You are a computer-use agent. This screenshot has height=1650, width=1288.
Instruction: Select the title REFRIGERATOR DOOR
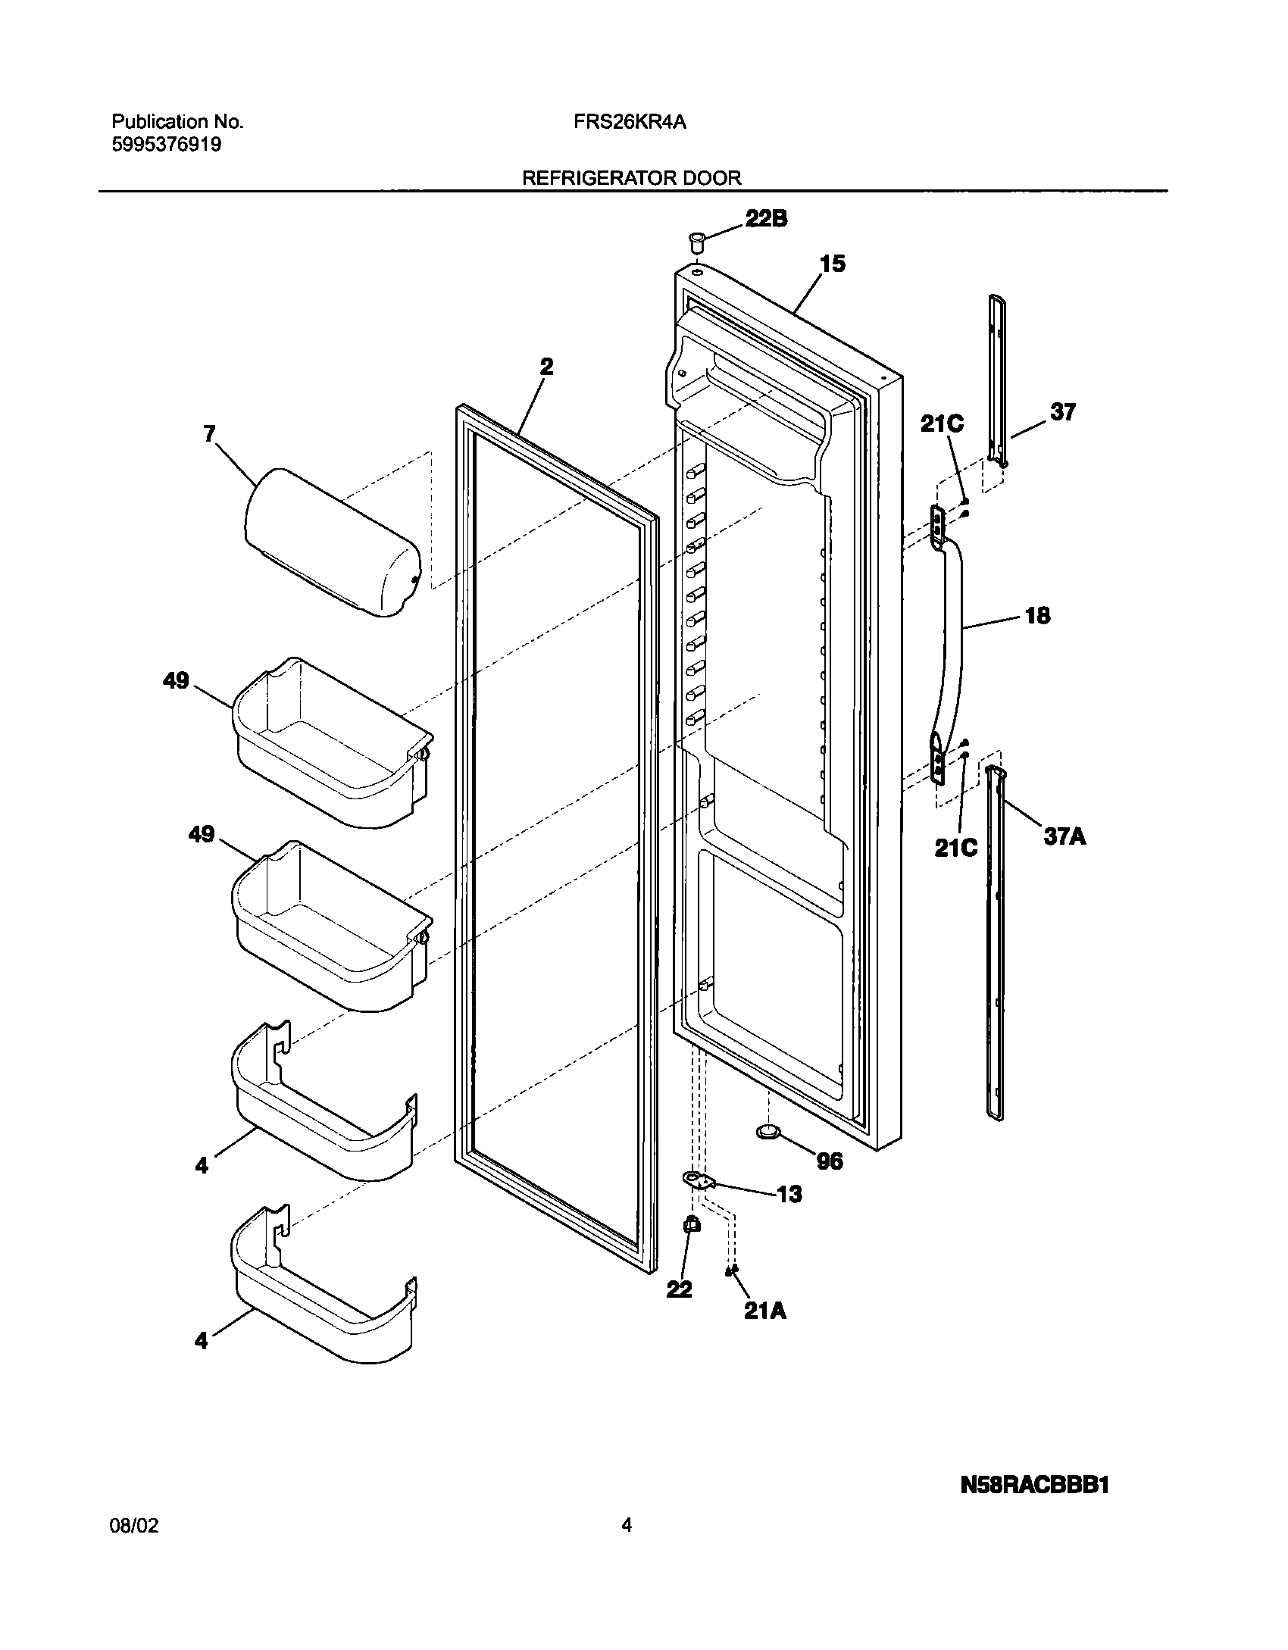click(632, 178)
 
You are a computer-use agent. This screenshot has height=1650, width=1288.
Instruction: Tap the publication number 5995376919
click(167, 145)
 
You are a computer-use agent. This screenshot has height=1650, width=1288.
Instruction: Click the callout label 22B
click(766, 219)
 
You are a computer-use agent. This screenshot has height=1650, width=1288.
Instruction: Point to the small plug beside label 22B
click(696, 243)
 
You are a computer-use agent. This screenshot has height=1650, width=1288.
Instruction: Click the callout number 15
click(832, 264)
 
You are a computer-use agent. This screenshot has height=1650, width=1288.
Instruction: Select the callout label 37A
click(1064, 837)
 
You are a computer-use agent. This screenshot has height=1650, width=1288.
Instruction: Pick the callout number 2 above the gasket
click(546, 367)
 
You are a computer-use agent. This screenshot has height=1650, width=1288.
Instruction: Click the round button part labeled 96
click(768, 1153)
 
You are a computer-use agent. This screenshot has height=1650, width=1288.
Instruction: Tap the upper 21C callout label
click(942, 424)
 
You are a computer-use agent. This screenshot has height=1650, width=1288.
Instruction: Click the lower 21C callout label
click(955, 848)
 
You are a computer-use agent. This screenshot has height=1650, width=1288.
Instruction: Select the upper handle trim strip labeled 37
click(996, 379)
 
